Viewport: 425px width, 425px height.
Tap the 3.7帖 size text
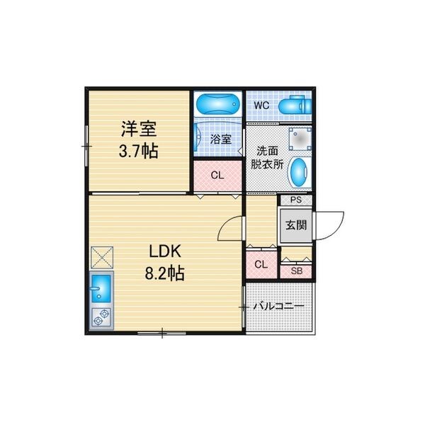pyautogui.click(x=139, y=151)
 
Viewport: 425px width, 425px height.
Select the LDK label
pyautogui.click(x=165, y=251)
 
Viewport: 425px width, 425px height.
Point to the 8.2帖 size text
pyautogui.click(x=165, y=273)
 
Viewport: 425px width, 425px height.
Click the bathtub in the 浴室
pyautogui.click(x=217, y=104)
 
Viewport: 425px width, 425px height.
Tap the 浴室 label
pyautogui.click(x=220, y=140)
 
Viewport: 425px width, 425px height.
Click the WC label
pyautogui.click(x=261, y=105)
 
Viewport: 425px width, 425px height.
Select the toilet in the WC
pyautogui.click(x=295, y=105)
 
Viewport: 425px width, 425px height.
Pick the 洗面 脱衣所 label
pyautogui.click(x=267, y=158)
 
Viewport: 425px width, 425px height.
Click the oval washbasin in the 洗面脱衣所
pyautogui.click(x=299, y=173)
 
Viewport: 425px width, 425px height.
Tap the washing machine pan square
pyautogui.click(x=300, y=139)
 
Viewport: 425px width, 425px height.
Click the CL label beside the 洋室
pyautogui.click(x=217, y=176)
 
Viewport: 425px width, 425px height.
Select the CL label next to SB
pyautogui.click(x=261, y=264)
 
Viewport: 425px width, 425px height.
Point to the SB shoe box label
pyautogui.click(x=297, y=271)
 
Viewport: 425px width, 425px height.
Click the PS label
pyautogui.click(x=295, y=200)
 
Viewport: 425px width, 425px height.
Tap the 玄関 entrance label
pyautogui.click(x=296, y=225)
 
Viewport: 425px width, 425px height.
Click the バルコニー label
pyautogui.click(x=278, y=307)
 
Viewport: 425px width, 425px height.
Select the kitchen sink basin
pyautogui.click(x=101, y=288)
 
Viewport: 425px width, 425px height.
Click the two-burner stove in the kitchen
pyautogui.click(x=101, y=317)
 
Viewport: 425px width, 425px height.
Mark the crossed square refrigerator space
pyautogui.click(x=102, y=258)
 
